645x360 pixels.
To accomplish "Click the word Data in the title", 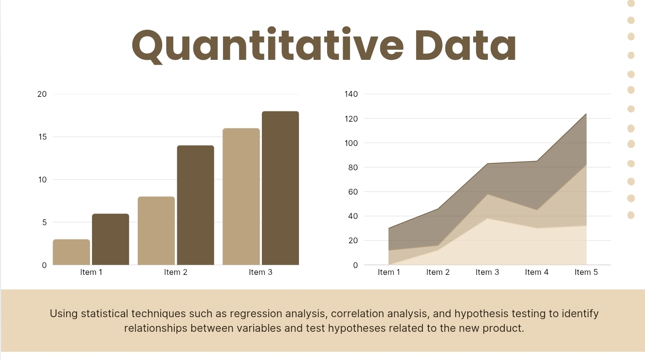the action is [465, 45].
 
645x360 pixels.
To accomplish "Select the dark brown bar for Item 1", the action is [111, 239].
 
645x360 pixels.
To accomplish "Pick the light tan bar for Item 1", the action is [72, 252].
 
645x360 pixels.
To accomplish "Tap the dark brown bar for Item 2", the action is [196, 205].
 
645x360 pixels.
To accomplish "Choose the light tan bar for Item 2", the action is [156, 231].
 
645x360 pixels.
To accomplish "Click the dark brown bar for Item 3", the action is [280, 188].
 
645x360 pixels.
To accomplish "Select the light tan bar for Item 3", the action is [241, 197].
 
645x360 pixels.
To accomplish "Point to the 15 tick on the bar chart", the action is [42, 137].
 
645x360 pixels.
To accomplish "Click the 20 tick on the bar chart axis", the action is [42, 94].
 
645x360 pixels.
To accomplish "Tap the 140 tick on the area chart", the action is [351, 94].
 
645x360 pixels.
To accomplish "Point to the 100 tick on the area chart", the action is [351, 143].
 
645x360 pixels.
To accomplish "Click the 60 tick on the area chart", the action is [353, 192].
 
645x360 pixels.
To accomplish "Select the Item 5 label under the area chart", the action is [586, 272].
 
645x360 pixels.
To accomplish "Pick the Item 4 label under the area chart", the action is [537, 272].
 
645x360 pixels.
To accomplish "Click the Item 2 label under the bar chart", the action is [176, 272].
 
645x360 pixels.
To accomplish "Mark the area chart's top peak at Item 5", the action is [586, 114].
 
